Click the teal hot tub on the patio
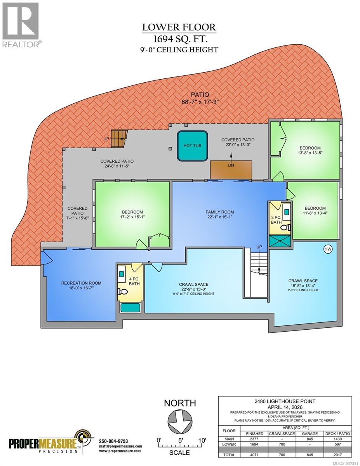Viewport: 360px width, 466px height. [x=192, y=146]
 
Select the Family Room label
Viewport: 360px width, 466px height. [x=219, y=212]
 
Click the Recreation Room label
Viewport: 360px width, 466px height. [x=78, y=283]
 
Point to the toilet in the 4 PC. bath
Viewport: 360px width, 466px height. [x=121, y=291]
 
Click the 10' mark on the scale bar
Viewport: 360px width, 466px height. [x=202, y=440]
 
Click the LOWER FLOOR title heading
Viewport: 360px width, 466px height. [x=179, y=27]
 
